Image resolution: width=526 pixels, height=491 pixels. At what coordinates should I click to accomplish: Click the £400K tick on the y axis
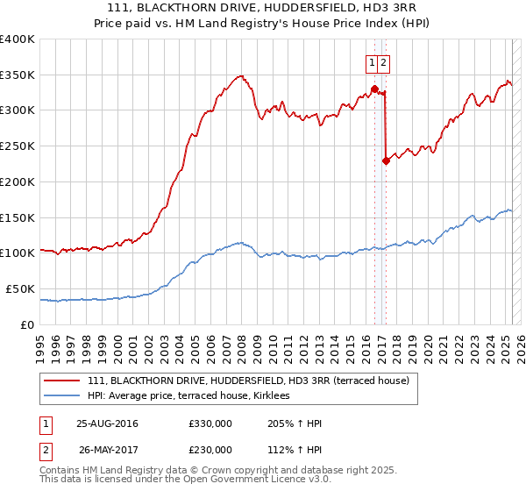(x=18, y=39)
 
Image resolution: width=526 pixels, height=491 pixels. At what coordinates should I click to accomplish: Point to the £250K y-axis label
(x=18, y=146)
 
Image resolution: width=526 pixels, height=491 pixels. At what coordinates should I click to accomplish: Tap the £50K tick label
(x=20, y=288)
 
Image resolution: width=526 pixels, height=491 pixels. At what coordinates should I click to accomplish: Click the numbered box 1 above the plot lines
(x=373, y=62)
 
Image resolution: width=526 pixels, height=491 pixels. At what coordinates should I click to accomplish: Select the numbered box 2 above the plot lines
(x=385, y=62)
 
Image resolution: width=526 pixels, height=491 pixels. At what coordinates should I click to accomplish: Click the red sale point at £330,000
(x=374, y=89)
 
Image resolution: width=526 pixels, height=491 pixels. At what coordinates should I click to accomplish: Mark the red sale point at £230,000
(x=386, y=160)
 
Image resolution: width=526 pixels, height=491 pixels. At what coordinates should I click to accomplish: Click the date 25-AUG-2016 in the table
(x=107, y=424)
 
